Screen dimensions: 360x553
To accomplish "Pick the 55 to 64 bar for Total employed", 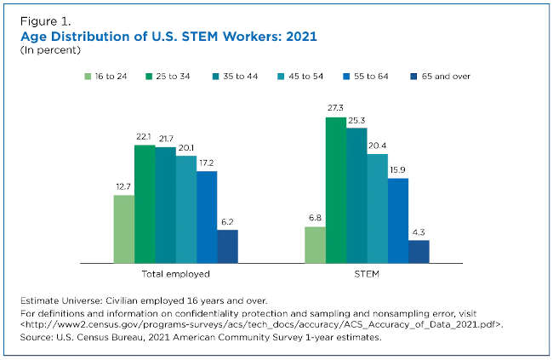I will (207, 216).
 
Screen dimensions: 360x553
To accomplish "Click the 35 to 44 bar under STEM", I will (356, 195).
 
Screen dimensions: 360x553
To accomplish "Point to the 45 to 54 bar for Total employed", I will (185, 209).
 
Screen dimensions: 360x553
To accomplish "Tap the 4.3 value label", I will (419, 232).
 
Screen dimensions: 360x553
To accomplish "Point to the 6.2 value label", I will (227, 222).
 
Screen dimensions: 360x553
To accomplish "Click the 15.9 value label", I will (398, 170).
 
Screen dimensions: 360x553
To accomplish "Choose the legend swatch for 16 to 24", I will (88, 76).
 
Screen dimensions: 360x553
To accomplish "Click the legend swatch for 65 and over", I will (414, 76).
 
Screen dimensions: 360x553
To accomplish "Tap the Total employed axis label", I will (175, 275).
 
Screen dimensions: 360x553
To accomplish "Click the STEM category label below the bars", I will (367, 275).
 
